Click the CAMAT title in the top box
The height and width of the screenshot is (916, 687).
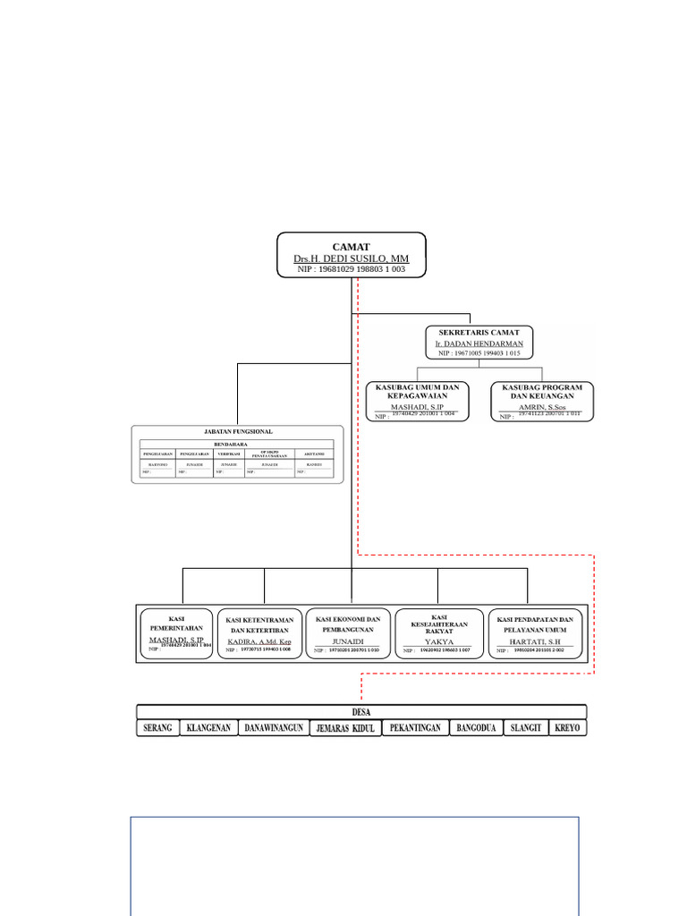[351, 247]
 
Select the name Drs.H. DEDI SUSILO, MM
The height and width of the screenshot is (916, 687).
[351, 259]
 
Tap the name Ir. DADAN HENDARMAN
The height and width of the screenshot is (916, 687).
[479, 343]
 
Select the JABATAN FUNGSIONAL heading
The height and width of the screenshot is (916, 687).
[238, 431]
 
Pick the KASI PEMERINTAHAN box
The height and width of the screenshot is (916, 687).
[176, 633]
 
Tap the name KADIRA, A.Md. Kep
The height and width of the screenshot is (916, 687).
[259, 642]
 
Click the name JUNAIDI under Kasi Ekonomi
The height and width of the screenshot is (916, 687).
[349, 641]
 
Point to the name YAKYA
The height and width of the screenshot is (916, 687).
[438, 642]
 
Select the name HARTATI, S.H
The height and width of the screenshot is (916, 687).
[534, 642]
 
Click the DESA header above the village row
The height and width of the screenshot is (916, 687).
[361, 712]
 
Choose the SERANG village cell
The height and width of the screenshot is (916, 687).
[157, 728]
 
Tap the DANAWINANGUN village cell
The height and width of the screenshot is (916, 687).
[274, 728]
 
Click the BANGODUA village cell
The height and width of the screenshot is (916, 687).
[476, 728]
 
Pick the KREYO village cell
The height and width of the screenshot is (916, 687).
[567, 728]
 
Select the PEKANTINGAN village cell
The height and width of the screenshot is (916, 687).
[415, 728]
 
